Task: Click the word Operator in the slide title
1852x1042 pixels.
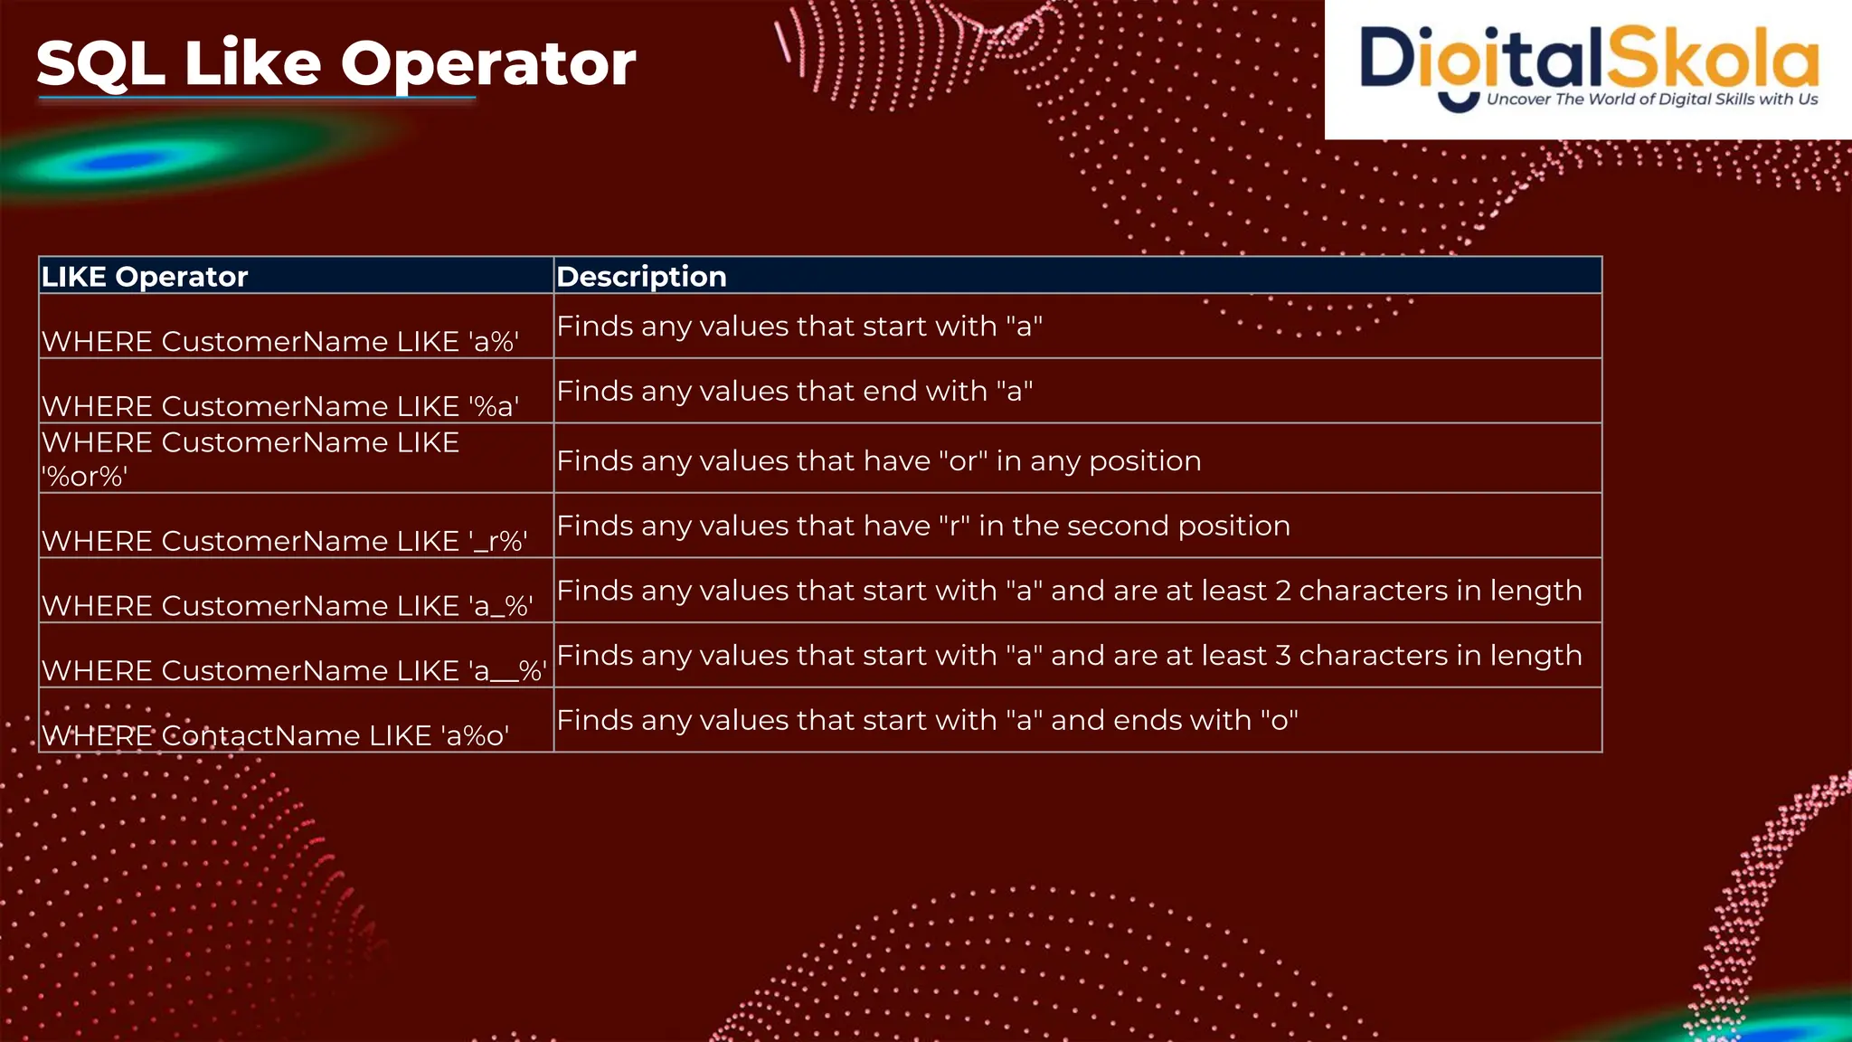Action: click(x=487, y=65)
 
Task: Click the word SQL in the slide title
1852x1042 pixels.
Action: click(x=99, y=65)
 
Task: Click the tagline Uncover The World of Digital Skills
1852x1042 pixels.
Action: click(x=1651, y=99)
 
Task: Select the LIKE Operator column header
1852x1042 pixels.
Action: click(x=145, y=277)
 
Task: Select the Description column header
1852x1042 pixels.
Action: click(x=641, y=277)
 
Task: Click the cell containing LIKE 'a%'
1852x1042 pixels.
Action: click(x=280, y=342)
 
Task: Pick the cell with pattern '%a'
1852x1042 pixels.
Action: click(x=280, y=407)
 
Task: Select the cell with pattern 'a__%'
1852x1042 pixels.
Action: click(x=294, y=671)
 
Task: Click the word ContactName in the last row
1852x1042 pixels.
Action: click(x=243, y=736)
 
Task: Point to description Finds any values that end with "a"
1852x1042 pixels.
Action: click(x=794, y=392)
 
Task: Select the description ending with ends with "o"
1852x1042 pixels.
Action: click(x=927, y=721)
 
